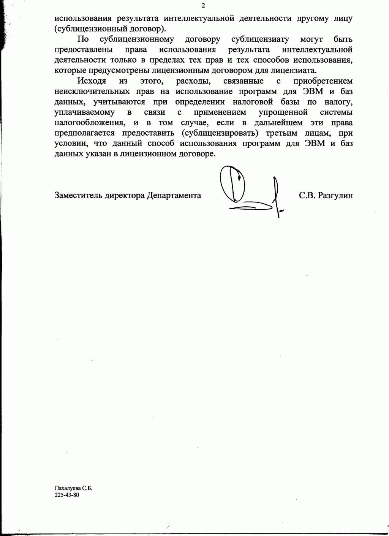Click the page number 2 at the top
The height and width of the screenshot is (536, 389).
203,5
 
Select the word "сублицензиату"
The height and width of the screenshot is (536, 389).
260,39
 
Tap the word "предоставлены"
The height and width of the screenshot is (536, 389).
84,49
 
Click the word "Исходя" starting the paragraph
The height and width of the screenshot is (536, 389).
92,81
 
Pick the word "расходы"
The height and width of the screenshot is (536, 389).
190,81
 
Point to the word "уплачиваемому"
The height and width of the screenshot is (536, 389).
84,112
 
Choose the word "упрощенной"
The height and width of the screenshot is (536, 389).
283,112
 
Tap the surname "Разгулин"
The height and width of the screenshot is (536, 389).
335,195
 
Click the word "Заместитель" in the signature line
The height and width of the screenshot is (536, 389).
78,195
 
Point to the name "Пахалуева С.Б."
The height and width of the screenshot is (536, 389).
73,488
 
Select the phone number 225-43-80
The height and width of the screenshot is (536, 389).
67,495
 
